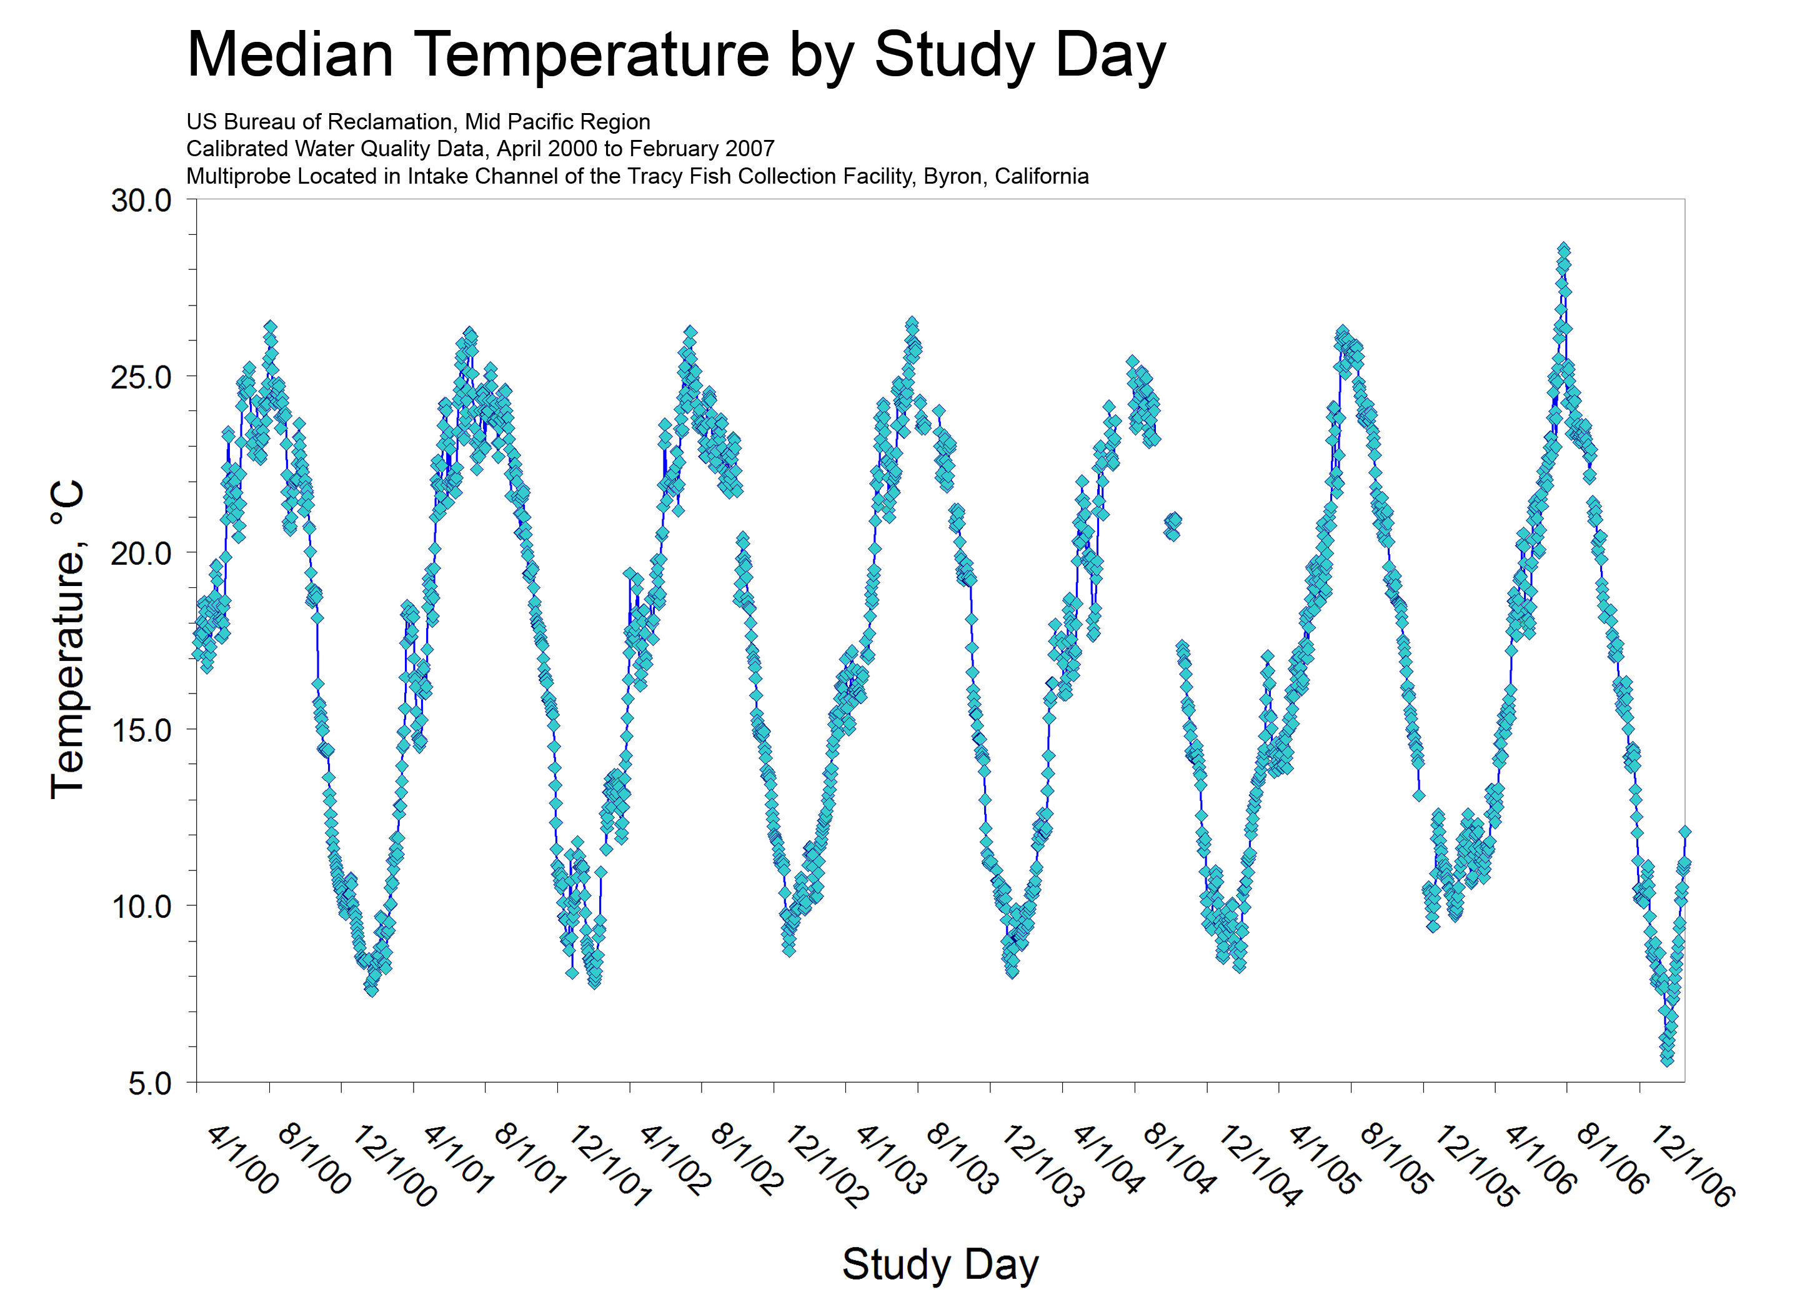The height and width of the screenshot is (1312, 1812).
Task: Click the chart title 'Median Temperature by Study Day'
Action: tap(676, 54)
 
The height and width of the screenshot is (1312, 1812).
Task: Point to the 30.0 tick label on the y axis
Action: tap(141, 201)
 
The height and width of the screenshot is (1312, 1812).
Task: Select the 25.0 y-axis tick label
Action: tap(141, 377)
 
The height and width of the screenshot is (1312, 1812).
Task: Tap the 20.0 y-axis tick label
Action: tap(141, 553)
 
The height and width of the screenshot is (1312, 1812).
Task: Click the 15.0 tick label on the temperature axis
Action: tap(141, 730)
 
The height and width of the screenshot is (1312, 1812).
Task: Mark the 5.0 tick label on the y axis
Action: tap(149, 1083)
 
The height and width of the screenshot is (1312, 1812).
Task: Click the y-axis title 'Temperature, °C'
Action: tap(68, 639)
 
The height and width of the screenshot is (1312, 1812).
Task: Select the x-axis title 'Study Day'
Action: tap(940, 1263)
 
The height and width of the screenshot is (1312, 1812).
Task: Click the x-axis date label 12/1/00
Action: tap(394, 1165)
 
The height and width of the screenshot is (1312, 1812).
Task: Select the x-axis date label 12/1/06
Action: tap(1692, 1165)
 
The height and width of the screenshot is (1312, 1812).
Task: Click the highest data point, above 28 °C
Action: tap(1563, 249)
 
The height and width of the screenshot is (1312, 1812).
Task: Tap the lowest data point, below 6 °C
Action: tap(1666, 1060)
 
